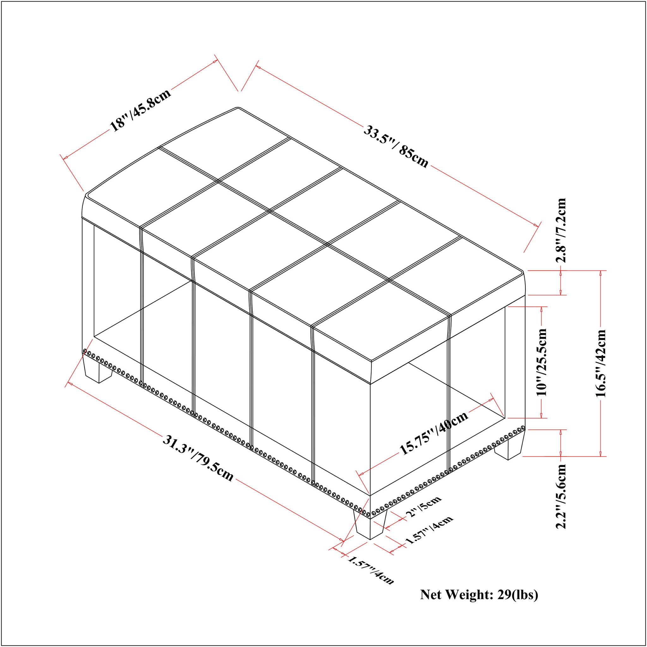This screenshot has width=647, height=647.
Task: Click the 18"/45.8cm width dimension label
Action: (x=141, y=110)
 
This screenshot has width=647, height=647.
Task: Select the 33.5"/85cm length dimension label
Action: (x=396, y=147)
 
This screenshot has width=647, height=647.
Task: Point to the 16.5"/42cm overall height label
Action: (x=601, y=363)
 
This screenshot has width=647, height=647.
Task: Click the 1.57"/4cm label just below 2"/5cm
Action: (x=429, y=530)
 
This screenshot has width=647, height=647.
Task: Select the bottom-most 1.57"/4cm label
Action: (x=371, y=570)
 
